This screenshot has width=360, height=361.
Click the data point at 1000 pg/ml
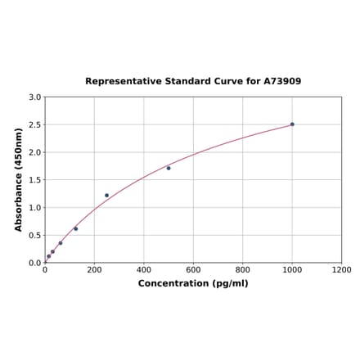click(292, 124)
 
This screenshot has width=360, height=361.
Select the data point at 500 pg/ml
click(169, 168)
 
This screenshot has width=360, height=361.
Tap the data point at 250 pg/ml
click(106, 196)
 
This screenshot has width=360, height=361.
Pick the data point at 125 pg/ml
click(76, 228)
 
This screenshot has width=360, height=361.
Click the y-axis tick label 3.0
click(34, 97)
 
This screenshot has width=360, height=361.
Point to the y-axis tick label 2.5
click(34, 125)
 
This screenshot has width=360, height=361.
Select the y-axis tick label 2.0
click(34, 152)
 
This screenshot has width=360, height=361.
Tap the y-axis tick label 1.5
click(34, 180)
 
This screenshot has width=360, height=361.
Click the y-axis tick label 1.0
click(34, 208)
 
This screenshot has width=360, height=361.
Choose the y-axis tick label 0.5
click(34, 236)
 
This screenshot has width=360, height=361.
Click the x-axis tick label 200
click(94, 269)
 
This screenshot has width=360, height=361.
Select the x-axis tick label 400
click(144, 269)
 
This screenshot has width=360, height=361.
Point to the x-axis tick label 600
click(193, 269)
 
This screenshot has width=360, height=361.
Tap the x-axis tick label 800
click(243, 269)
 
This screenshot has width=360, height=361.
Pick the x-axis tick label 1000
click(292, 269)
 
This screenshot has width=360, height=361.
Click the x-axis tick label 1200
click(341, 269)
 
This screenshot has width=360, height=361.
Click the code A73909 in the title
click(281, 82)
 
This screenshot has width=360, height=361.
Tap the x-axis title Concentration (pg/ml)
click(193, 283)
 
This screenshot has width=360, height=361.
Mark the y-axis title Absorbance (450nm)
click(19, 180)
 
